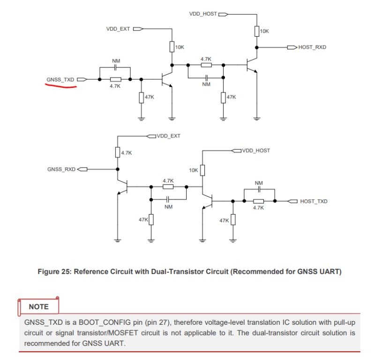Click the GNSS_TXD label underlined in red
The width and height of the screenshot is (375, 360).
[x=60, y=79]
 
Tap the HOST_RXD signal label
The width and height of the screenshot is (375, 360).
[x=312, y=47]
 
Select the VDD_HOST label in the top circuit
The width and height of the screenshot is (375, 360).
[x=203, y=14]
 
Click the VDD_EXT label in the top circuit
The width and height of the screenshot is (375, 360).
[x=118, y=29]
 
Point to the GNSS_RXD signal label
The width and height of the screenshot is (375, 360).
[x=61, y=169]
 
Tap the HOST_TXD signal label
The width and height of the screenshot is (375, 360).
[x=313, y=201]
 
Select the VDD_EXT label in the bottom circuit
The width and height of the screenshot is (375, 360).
[x=169, y=136]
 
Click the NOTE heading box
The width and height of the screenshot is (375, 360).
[x=39, y=306]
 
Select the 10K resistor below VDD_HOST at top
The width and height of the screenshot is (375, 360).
[x=256, y=31]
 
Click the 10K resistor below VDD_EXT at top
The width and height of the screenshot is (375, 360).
[x=172, y=47]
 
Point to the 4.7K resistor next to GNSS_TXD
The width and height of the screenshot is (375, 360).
[x=115, y=79]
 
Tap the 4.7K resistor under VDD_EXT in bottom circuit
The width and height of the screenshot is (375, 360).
[x=117, y=153]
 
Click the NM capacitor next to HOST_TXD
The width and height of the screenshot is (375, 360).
[x=259, y=189]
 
